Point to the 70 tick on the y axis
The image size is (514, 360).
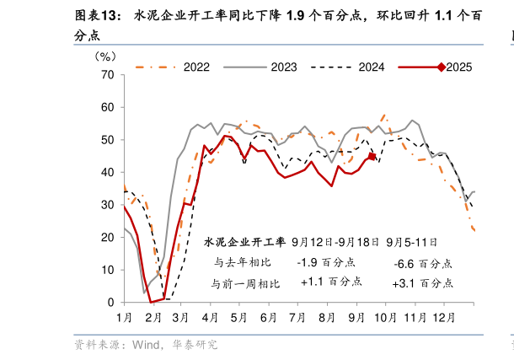[107, 75]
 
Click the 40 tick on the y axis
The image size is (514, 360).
[107, 172]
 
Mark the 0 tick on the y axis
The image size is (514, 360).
[110, 302]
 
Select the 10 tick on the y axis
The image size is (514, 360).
[107, 270]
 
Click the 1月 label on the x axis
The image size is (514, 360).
[124, 317]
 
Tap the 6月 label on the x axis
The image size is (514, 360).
[269, 317]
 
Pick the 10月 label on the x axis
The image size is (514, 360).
[384, 317]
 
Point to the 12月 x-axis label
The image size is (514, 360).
[443, 317]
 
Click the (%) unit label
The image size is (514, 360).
[104, 56]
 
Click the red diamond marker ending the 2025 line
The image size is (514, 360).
[372, 156]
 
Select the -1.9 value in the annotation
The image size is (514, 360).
[308, 262]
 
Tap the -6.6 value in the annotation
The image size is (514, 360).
[404, 263]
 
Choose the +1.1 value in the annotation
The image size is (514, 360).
[311, 282]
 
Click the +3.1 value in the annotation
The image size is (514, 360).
[404, 283]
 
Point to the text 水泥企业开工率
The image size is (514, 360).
[244, 242]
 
